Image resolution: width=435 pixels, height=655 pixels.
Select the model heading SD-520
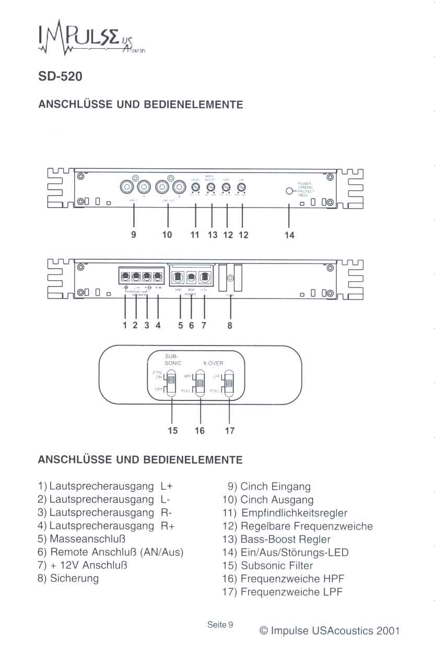(60, 76)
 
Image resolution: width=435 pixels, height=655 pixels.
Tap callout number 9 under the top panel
(134, 235)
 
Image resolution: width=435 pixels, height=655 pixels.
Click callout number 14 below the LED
(289, 235)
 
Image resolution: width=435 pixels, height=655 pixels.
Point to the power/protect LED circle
(289, 191)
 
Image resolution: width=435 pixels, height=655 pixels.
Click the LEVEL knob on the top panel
(196, 187)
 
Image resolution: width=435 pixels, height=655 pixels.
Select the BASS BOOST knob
(211, 187)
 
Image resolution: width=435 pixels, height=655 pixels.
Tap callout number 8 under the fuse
(230, 326)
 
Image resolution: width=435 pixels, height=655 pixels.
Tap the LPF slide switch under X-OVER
(229, 383)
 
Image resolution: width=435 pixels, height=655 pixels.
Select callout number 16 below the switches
(200, 431)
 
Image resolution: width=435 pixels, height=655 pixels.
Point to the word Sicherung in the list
(74, 579)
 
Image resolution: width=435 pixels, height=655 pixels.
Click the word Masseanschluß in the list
(88, 538)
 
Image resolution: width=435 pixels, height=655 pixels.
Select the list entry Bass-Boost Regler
(285, 539)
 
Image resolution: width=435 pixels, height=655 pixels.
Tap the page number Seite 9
(220, 625)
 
